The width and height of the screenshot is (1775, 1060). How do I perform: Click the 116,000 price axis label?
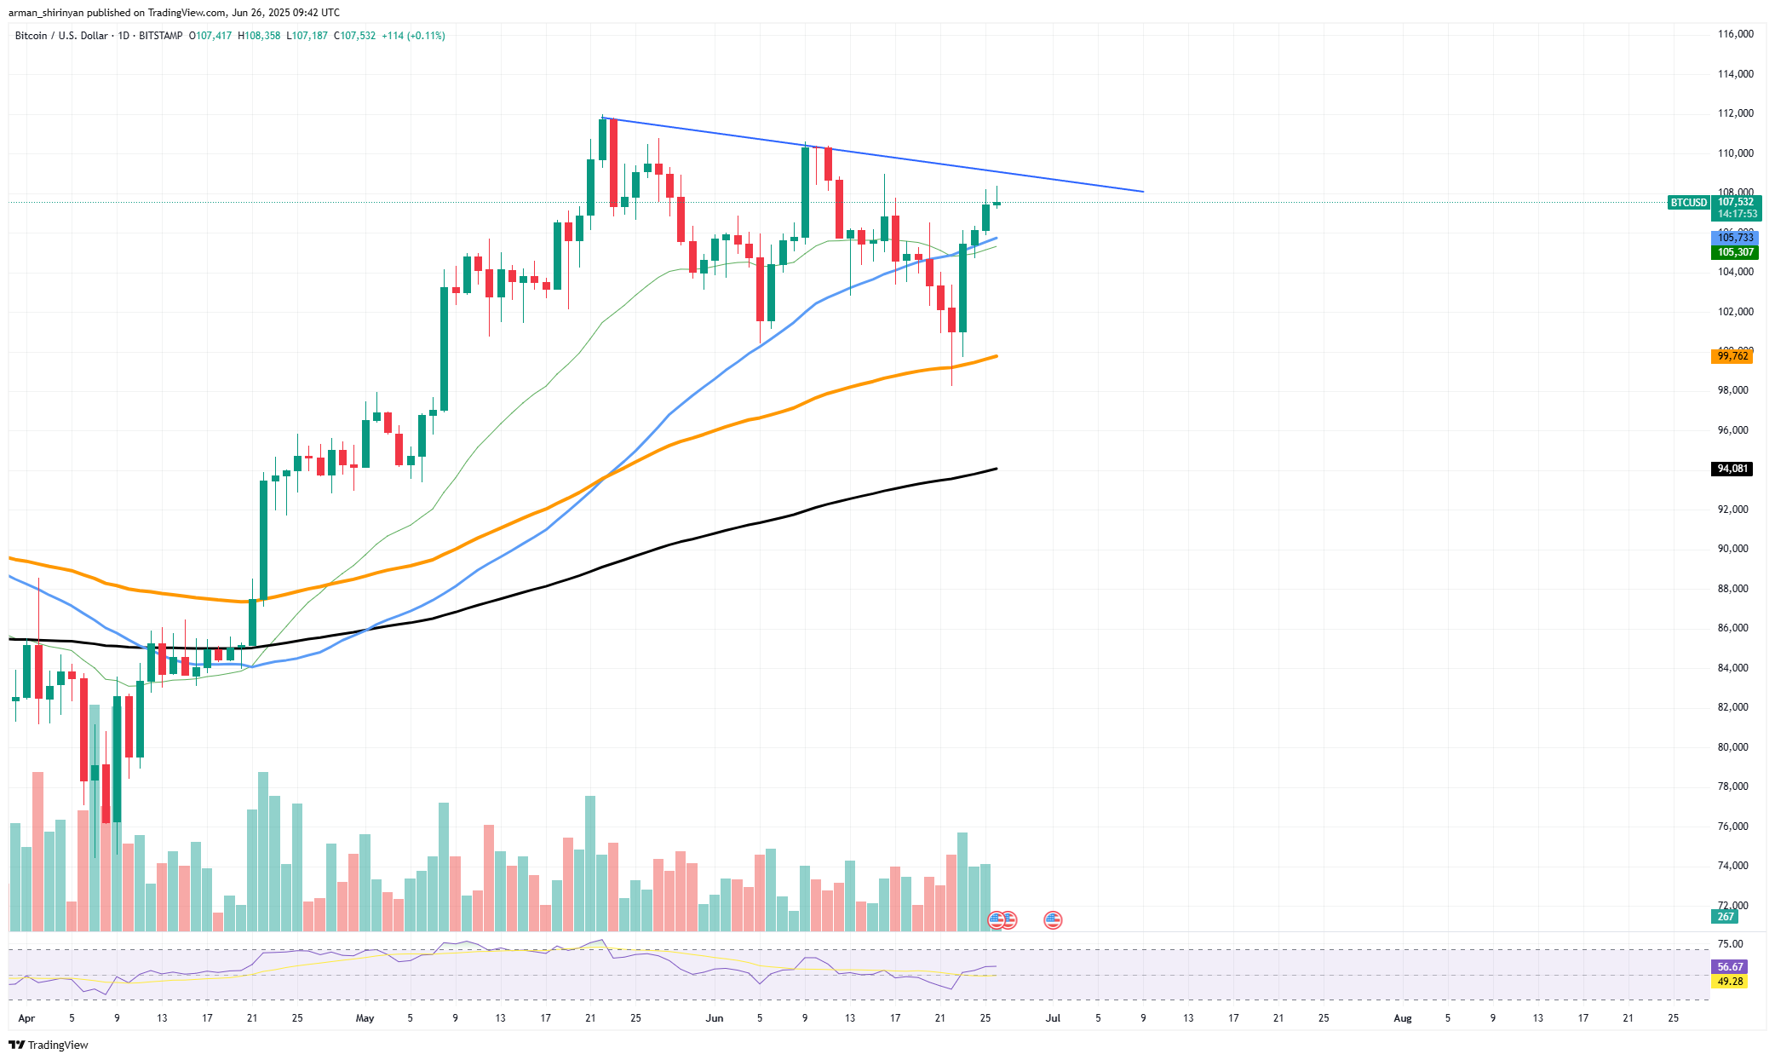1735,34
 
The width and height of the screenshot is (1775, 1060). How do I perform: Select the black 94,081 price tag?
1732,469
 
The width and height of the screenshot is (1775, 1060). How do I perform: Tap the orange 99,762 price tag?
1732,356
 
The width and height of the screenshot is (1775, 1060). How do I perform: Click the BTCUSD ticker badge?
1688,203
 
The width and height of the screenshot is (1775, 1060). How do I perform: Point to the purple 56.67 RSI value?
1730,967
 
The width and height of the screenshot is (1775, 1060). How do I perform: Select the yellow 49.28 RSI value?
1730,982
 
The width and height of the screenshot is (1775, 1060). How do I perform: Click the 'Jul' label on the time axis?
1053,1018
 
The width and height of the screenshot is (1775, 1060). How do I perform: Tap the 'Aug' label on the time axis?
1402,1018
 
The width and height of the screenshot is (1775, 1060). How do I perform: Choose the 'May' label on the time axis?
365,1018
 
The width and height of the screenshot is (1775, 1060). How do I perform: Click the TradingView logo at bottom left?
49,1046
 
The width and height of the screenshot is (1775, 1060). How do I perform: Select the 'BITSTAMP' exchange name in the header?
160,36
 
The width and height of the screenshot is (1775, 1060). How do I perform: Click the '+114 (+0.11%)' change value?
413,36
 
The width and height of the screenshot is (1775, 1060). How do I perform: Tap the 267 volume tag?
1726,917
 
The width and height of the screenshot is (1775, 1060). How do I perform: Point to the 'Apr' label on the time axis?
26,1018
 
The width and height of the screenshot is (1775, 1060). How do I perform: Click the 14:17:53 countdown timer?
1737,214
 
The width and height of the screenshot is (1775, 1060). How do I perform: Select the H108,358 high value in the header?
259,36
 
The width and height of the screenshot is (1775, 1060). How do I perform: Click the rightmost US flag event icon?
1053,920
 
